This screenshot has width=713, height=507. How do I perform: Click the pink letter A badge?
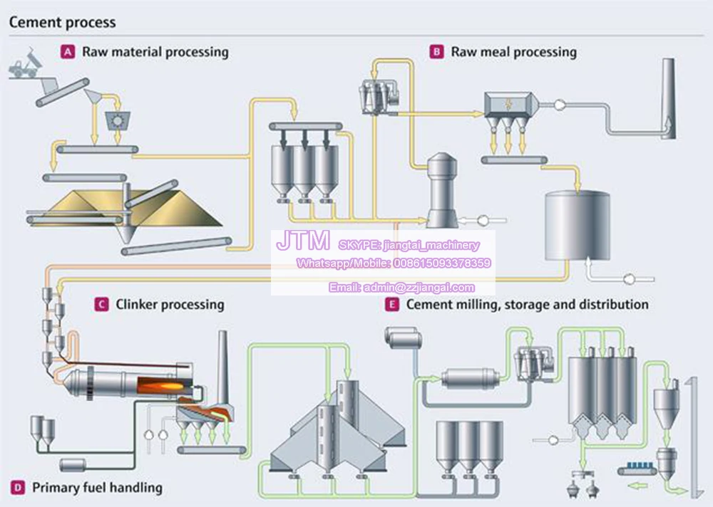[68, 52]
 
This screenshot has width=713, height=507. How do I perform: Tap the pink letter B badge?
[436, 52]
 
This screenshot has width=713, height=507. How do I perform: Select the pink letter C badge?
[101, 305]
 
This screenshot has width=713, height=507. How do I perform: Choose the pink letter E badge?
[391, 305]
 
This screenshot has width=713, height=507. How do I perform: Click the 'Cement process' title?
[62, 22]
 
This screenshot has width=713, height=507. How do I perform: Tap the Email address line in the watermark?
[401, 288]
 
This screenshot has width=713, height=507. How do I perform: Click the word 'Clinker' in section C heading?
[138, 305]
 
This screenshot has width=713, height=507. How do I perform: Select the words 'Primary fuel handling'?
[97, 488]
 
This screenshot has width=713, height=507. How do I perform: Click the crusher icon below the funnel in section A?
[115, 120]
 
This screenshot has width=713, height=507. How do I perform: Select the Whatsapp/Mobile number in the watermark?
[394, 263]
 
